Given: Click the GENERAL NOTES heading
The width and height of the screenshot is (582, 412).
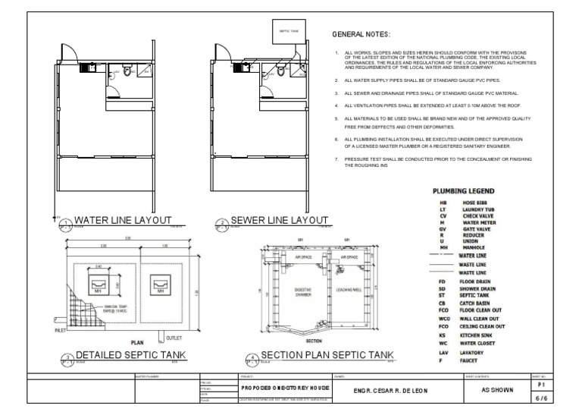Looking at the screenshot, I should [x=361, y=35].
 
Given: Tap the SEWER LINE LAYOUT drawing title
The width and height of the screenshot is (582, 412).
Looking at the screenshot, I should [x=280, y=220].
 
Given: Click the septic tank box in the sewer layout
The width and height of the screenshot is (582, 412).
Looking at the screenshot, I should [x=282, y=30].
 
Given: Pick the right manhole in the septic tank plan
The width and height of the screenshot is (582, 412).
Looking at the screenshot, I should [x=160, y=285].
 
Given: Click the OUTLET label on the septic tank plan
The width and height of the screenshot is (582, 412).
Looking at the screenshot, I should [x=175, y=336].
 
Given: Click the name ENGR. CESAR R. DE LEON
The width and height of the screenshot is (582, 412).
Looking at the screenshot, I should [x=379, y=391].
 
